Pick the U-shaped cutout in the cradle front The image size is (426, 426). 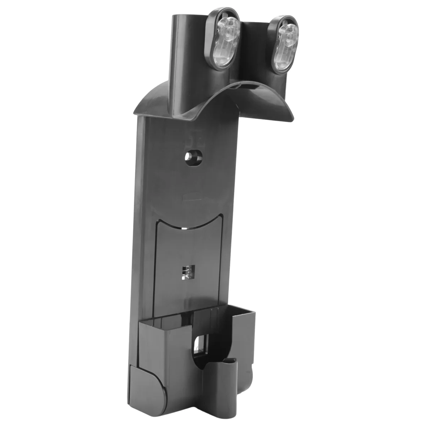[204, 362]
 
